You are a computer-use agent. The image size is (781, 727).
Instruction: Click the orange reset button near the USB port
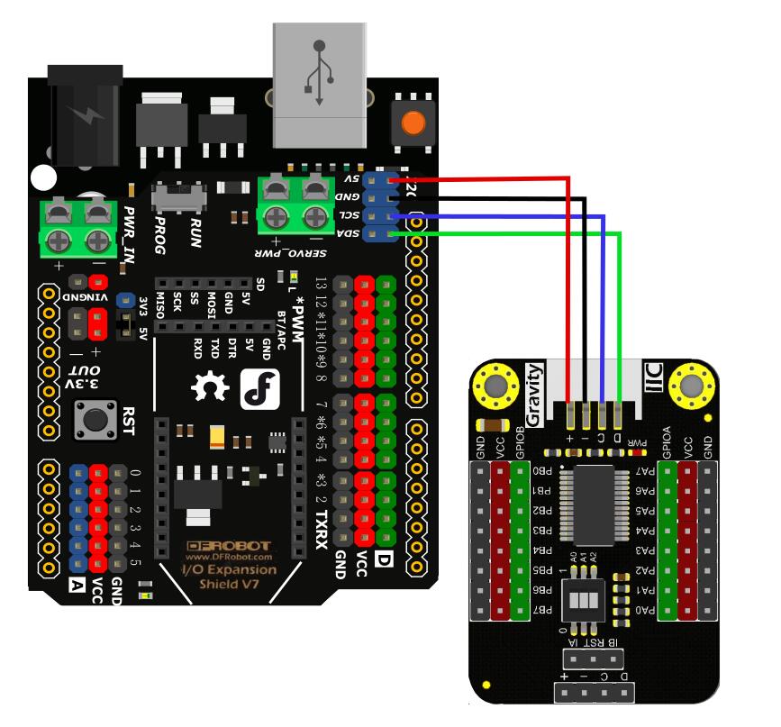tap(413, 123)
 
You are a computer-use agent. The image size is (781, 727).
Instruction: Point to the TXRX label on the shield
tap(321, 531)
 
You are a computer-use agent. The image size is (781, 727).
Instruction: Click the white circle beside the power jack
tap(42, 177)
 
